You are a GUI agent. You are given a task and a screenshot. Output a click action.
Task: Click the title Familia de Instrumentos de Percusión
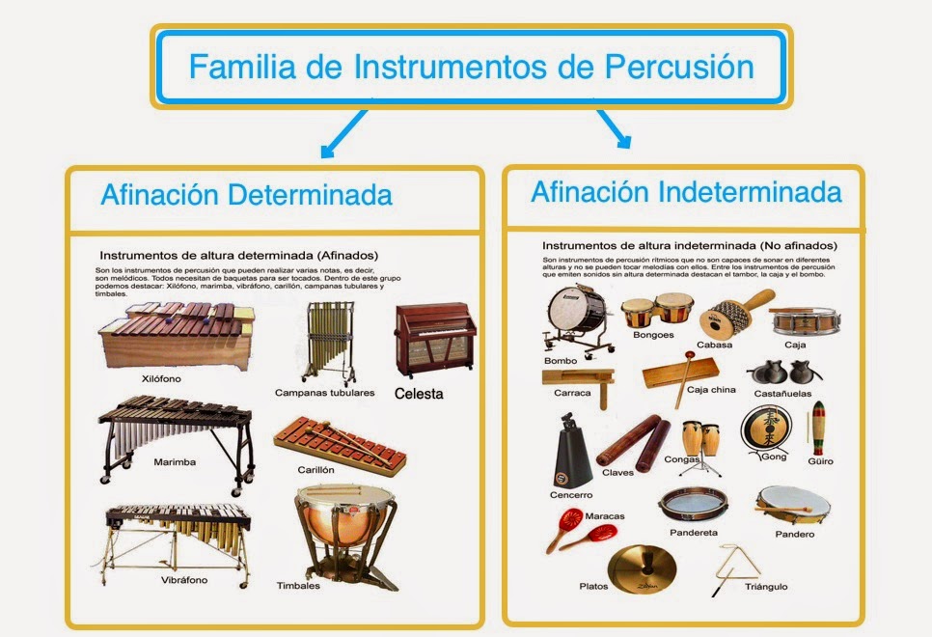[470, 67]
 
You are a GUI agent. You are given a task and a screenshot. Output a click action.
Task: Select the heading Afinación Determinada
[246, 195]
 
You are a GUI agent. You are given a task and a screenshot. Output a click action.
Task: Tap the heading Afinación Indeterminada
[686, 191]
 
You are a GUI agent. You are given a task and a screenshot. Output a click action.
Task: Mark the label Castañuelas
[781, 395]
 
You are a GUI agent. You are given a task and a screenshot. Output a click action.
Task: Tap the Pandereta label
[693, 532]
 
